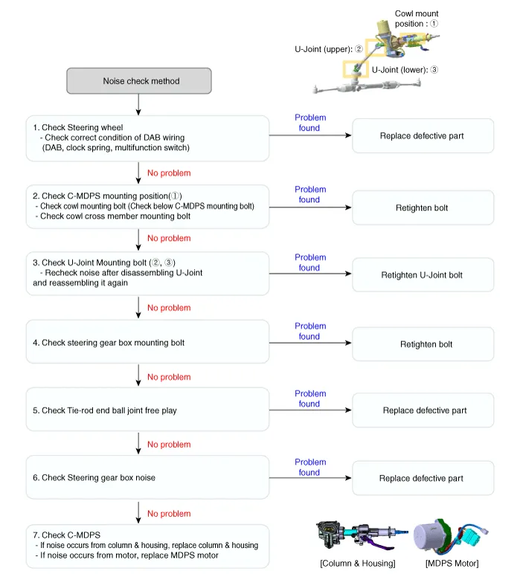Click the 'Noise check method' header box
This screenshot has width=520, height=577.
tap(140, 81)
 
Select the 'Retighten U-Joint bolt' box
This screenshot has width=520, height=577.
tap(422, 275)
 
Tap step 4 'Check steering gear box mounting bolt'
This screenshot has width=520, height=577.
tap(147, 343)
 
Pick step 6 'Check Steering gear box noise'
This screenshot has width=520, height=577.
tap(147, 477)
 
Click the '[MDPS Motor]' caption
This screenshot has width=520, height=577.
tap(452, 563)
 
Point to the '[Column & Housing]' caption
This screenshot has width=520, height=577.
tap(357, 563)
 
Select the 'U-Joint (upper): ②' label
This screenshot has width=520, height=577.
tap(328, 50)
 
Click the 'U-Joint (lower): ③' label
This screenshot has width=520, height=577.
tap(405, 70)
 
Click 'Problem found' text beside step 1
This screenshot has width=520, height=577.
tap(310, 123)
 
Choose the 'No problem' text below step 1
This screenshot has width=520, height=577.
tap(169, 173)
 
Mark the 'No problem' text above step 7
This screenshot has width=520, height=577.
tap(169, 514)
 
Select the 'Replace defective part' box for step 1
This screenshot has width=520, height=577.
tap(422, 136)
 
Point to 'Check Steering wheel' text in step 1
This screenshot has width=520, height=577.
tap(82, 127)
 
